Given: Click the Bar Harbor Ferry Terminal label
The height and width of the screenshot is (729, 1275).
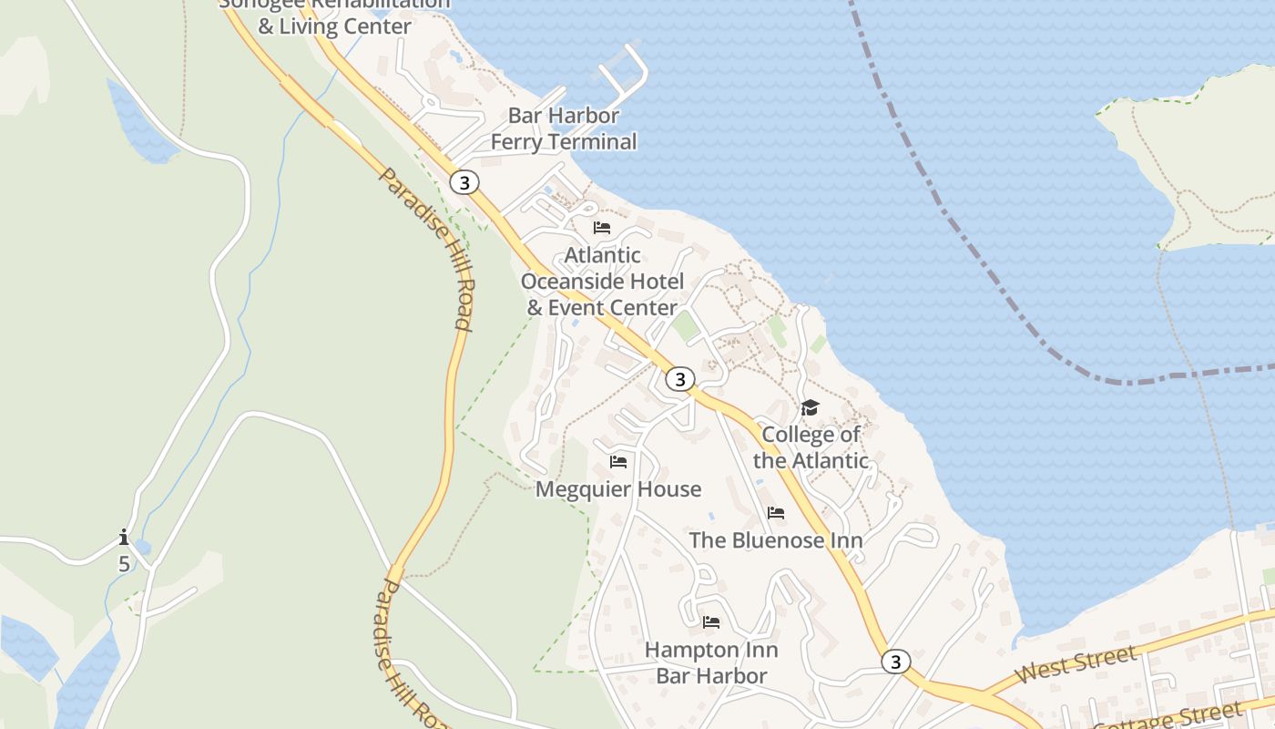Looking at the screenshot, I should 564,128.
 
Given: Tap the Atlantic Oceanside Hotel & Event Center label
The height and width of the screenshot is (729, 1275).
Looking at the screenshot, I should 602,281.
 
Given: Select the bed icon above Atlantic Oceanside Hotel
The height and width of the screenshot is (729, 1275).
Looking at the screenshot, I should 602,227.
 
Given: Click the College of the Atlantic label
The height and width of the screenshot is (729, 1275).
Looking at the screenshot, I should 811,447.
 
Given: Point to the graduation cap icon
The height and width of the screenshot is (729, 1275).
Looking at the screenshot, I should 810,407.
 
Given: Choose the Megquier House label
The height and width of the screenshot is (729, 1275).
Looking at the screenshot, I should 618,489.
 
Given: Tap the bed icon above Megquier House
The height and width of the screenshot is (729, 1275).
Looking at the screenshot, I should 618,462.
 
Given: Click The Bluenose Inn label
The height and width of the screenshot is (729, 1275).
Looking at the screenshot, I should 776,539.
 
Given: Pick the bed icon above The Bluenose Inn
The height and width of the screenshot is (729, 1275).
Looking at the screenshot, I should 776,513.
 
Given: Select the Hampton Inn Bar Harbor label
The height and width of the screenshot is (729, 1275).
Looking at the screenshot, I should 711,662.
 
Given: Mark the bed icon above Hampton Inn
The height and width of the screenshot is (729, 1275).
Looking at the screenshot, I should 711,622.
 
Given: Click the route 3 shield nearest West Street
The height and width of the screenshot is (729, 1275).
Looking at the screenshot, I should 896,662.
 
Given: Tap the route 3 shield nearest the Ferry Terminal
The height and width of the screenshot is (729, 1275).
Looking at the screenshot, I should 464,182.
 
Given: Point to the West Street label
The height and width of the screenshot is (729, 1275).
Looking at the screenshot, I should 1076,663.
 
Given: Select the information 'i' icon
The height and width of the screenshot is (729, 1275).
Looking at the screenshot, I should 124,537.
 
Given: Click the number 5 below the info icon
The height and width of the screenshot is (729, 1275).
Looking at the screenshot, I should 124,564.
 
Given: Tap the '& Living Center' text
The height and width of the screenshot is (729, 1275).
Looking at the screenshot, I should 334,26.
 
